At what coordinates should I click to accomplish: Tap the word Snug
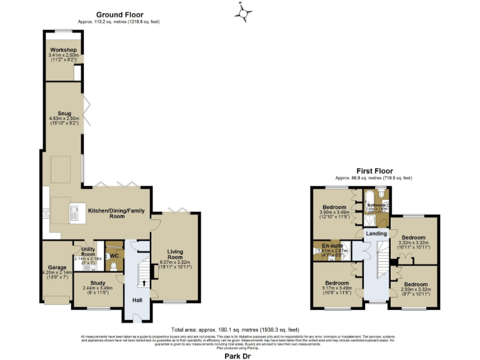pos(64,113)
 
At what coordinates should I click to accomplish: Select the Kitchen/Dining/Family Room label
pos(116,213)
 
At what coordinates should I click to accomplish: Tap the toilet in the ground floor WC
pos(114,266)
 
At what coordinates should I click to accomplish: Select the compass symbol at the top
pos(243,11)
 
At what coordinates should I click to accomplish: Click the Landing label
pos(376,233)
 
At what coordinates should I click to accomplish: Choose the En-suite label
pos(331,246)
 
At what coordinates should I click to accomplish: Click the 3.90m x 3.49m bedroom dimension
pos(334,212)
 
